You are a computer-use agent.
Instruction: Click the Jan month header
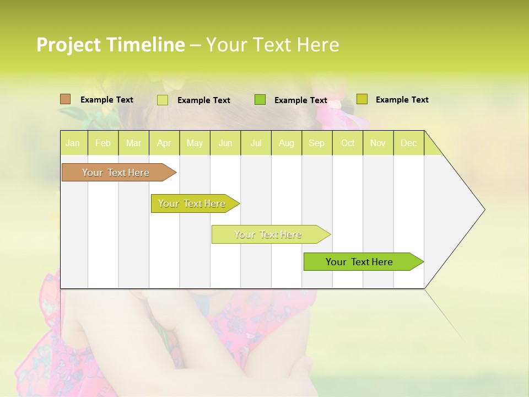(73, 143)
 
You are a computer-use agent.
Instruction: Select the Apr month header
(164, 143)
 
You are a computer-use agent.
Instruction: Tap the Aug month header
(286, 143)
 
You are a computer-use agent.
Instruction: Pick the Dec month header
(408, 143)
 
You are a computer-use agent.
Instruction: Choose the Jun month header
(225, 143)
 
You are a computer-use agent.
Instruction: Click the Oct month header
(347, 143)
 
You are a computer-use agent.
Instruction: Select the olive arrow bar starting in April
(193, 203)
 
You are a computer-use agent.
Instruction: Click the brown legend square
(65, 99)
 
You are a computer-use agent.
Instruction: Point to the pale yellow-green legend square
(163, 100)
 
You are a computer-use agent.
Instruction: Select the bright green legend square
(260, 100)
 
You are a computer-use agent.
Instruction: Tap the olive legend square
(361, 99)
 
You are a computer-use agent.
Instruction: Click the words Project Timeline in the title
(110, 45)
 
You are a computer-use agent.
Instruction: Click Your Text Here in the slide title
(272, 45)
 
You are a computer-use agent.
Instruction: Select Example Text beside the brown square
(107, 100)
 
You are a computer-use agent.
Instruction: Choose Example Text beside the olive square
(402, 100)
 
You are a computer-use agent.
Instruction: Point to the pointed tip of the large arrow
(483, 210)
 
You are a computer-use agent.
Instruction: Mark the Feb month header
(103, 143)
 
